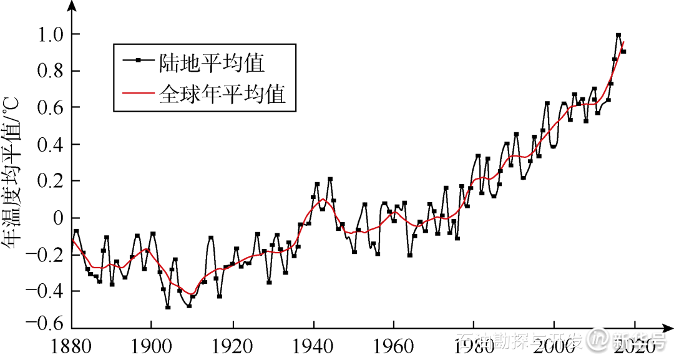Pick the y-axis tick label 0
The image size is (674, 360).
pos(58,218)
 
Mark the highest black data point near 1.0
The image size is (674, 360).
pos(618,36)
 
